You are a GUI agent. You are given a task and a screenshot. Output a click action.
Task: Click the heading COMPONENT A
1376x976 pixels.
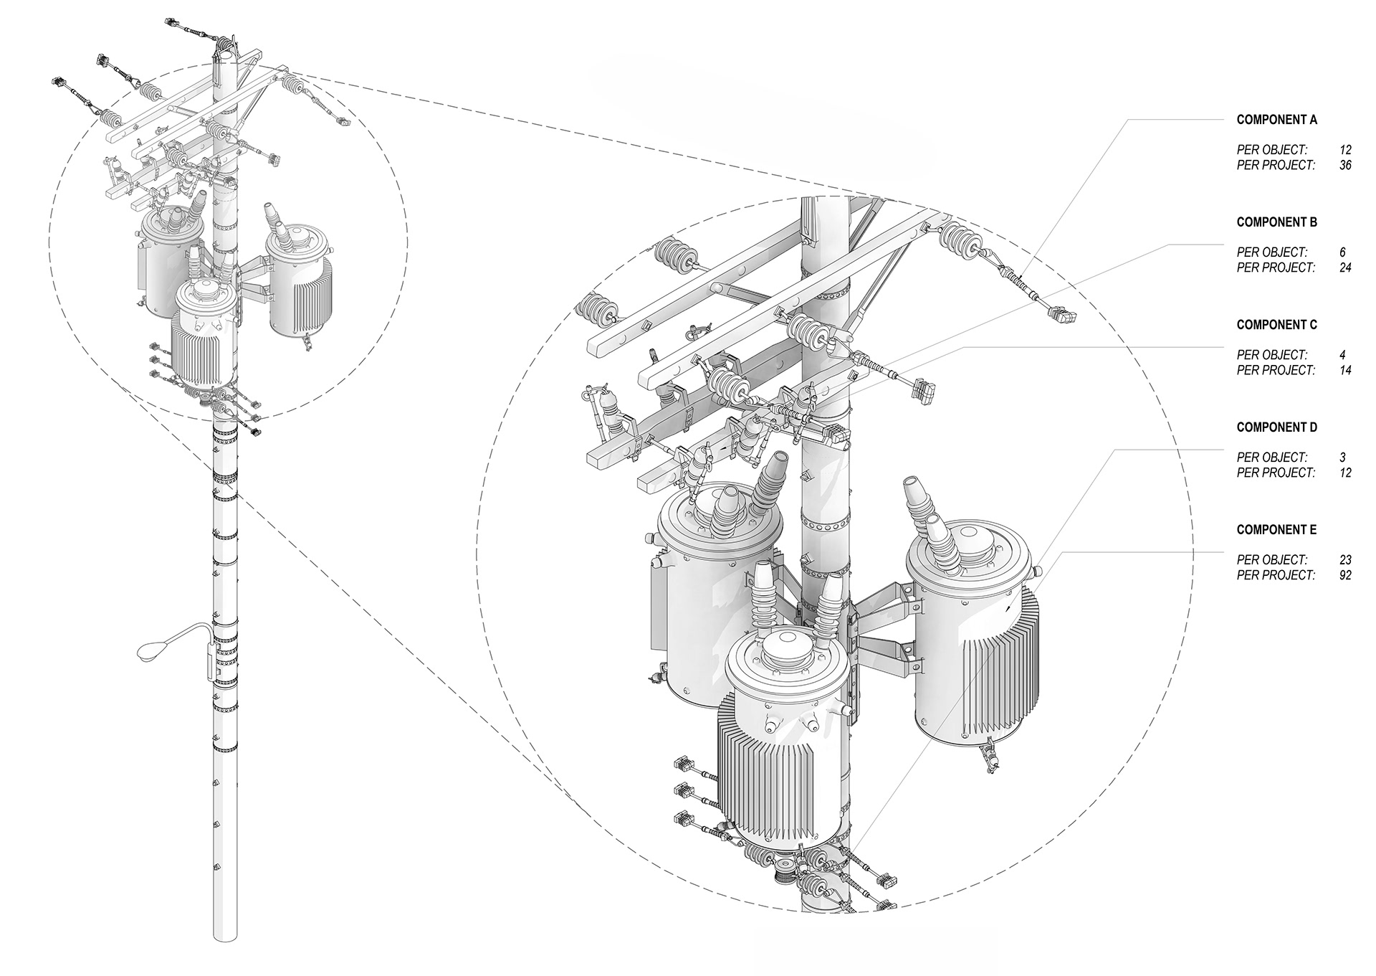(x=1276, y=120)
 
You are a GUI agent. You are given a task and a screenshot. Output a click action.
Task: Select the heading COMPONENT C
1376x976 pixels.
(x=1276, y=325)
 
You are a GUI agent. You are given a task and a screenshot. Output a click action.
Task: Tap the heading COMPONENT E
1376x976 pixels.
(x=1276, y=530)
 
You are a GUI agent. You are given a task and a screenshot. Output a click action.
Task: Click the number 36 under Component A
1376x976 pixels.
(x=1344, y=165)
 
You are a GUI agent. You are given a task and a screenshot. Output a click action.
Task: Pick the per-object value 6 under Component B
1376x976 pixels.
(x=1342, y=252)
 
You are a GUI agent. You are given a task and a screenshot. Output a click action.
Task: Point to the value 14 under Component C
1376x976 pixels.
(x=1344, y=370)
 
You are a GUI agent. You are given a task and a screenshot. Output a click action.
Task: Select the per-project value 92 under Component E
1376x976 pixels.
(x=1344, y=575)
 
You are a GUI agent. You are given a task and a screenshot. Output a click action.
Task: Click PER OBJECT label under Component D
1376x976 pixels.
(x=1271, y=458)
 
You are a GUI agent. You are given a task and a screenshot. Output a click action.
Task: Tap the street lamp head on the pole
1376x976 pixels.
(x=150, y=650)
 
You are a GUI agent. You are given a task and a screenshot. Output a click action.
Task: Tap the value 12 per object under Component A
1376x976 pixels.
(x=1344, y=150)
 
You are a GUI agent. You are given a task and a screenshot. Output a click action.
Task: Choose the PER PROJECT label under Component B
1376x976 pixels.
(x=1276, y=267)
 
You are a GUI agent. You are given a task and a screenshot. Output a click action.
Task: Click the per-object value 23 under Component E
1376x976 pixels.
(x=1344, y=560)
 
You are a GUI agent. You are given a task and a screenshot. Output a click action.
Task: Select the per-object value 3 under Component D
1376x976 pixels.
(x=1342, y=458)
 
